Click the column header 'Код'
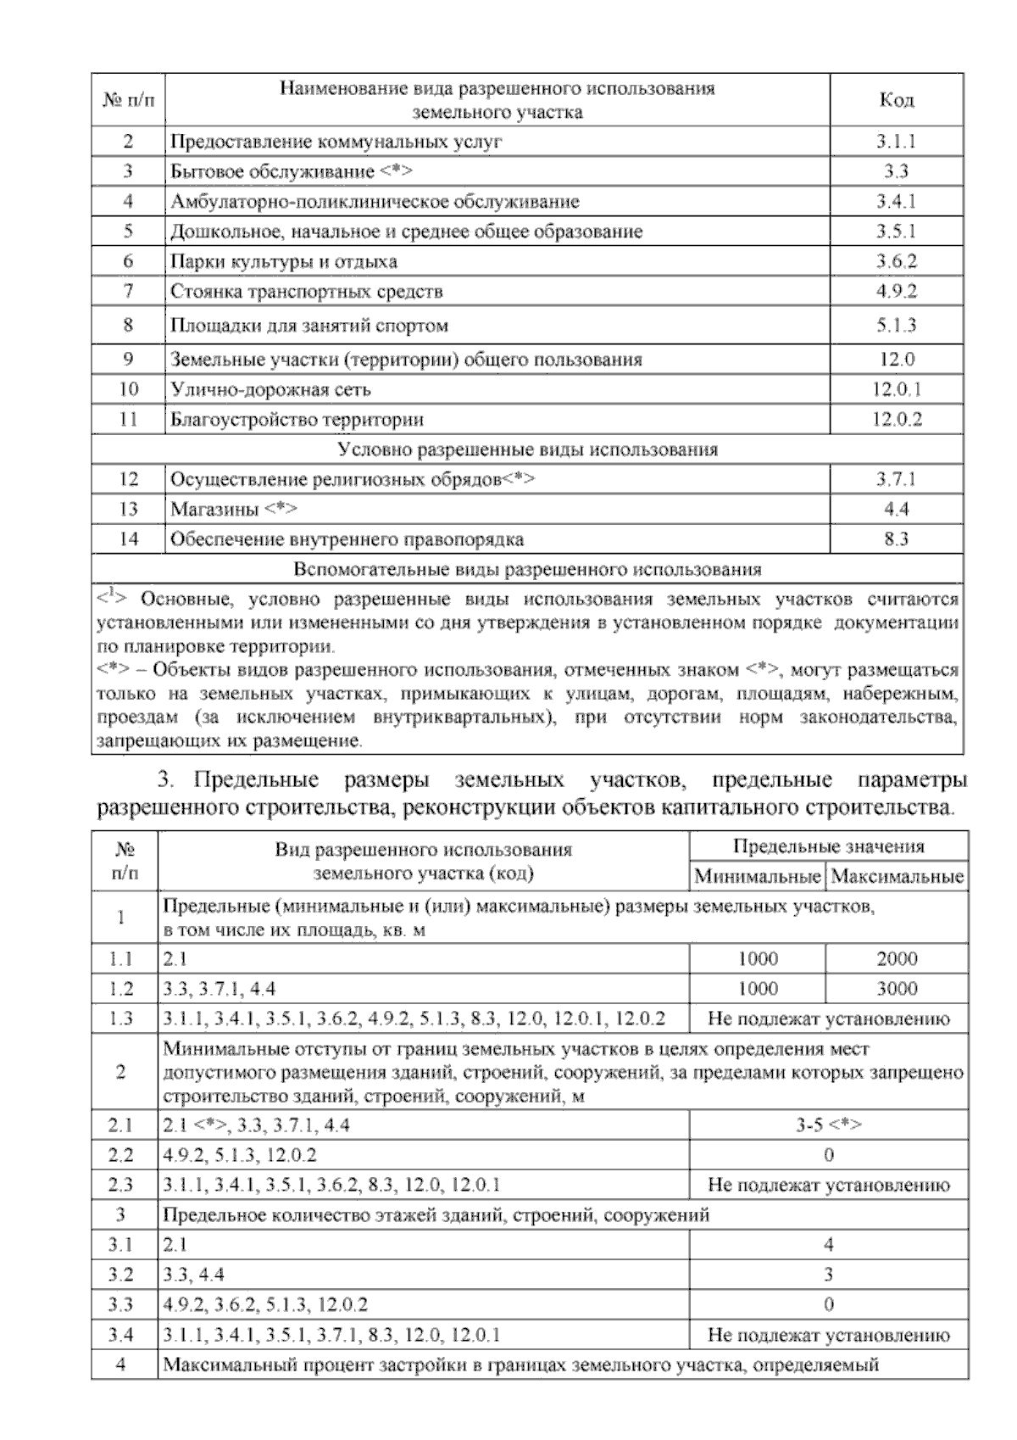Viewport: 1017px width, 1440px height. [x=896, y=100]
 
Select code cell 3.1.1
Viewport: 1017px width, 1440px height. [x=896, y=142]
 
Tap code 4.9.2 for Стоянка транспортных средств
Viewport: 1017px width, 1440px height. [x=896, y=292]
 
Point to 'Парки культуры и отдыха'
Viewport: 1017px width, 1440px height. [x=284, y=262]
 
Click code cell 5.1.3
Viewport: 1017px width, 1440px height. [x=896, y=326]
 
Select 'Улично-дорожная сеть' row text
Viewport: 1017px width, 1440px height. [x=270, y=390]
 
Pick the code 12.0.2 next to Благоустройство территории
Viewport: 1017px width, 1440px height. [x=896, y=420]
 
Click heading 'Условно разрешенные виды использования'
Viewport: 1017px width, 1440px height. [x=527, y=449]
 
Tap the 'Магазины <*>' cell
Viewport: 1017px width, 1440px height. [x=234, y=510]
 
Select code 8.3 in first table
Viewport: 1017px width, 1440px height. [x=896, y=539]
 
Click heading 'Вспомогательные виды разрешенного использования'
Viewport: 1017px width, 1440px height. [x=527, y=569]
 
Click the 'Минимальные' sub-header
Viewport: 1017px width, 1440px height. [x=757, y=876]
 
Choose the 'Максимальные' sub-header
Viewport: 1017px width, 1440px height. [x=897, y=876]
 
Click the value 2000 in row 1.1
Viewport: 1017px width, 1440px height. [x=897, y=959]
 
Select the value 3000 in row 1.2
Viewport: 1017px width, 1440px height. [x=897, y=989]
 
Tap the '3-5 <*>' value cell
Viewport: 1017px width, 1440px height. [x=828, y=1125]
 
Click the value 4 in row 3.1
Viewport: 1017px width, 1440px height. [x=828, y=1245]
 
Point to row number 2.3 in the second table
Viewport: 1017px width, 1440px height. [x=121, y=1185]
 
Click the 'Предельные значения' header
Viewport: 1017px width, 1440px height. [x=828, y=846]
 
